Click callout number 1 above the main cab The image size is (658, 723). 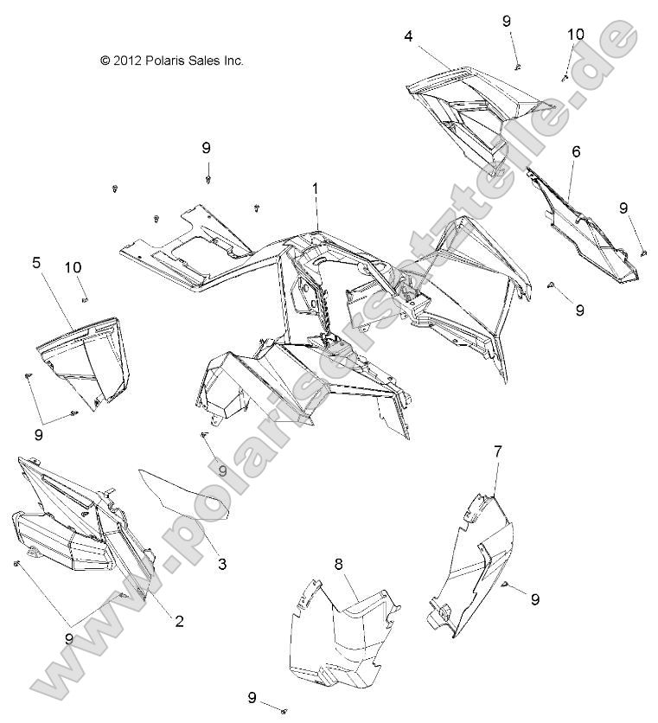click(316, 188)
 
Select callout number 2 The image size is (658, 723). click(179, 620)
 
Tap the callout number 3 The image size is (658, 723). click(222, 564)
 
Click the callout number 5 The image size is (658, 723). click(37, 262)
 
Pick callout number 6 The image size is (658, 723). click(575, 151)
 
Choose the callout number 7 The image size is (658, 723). click(498, 451)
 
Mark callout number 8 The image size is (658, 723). click(339, 563)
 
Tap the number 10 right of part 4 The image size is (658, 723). click(576, 34)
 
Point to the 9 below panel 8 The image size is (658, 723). click(252, 697)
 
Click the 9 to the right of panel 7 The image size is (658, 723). click(535, 598)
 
